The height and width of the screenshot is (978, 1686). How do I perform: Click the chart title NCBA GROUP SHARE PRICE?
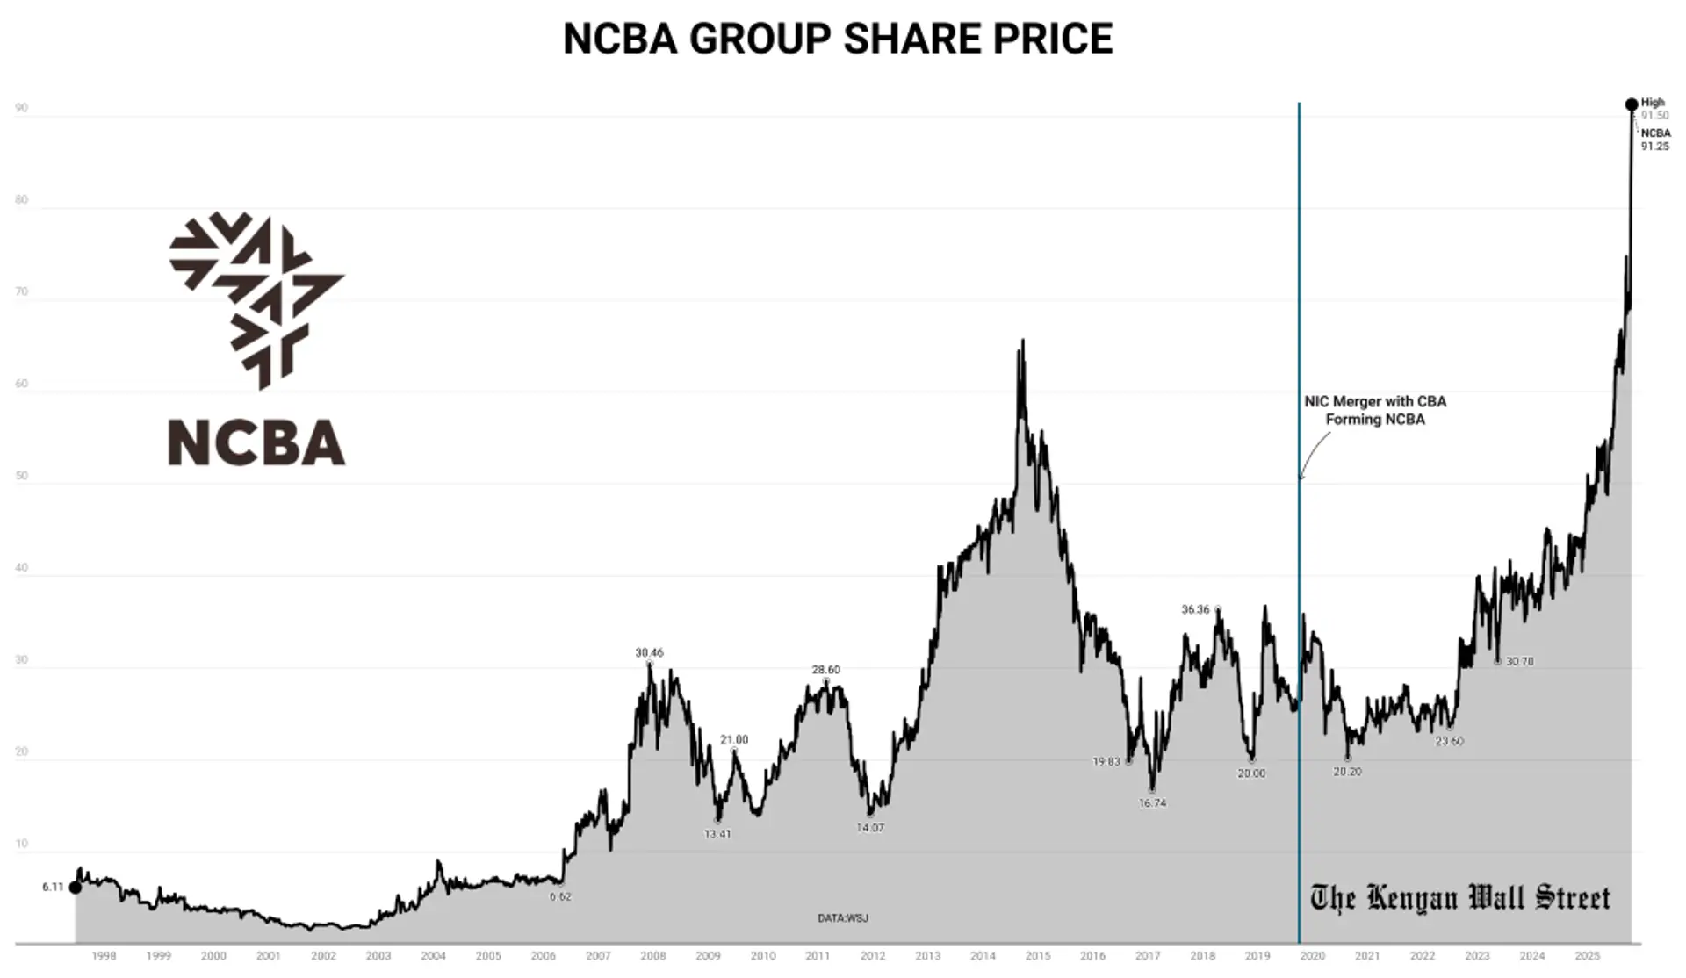(838, 39)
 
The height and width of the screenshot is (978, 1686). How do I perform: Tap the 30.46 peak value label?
(649, 652)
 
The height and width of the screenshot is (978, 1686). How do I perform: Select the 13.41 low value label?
(717, 834)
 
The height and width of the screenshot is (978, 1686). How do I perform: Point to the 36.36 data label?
(1195, 609)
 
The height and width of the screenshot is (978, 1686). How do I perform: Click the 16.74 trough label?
(1152, 802)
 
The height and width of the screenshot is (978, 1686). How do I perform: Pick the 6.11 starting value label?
(53, 887)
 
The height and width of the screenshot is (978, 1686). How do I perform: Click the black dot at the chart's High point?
(1631, 104)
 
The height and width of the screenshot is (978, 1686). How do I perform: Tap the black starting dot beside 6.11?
(76, 888)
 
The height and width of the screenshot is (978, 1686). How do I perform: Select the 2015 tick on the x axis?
(1038, 956)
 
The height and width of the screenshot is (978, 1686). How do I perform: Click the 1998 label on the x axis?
(104, 956)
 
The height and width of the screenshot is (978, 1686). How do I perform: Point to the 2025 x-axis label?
(1587, 956)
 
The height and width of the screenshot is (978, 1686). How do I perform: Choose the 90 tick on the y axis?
(22, 108)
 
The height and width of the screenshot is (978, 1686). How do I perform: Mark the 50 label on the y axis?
(22, 476)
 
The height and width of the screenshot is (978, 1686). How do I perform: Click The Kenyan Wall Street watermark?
(1459, 898)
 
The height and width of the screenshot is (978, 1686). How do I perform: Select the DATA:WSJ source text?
(843, 918)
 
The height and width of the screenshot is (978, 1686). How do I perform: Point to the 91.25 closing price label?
(1655, 147)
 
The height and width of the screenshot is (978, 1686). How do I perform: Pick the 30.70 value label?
(1519, 661)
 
